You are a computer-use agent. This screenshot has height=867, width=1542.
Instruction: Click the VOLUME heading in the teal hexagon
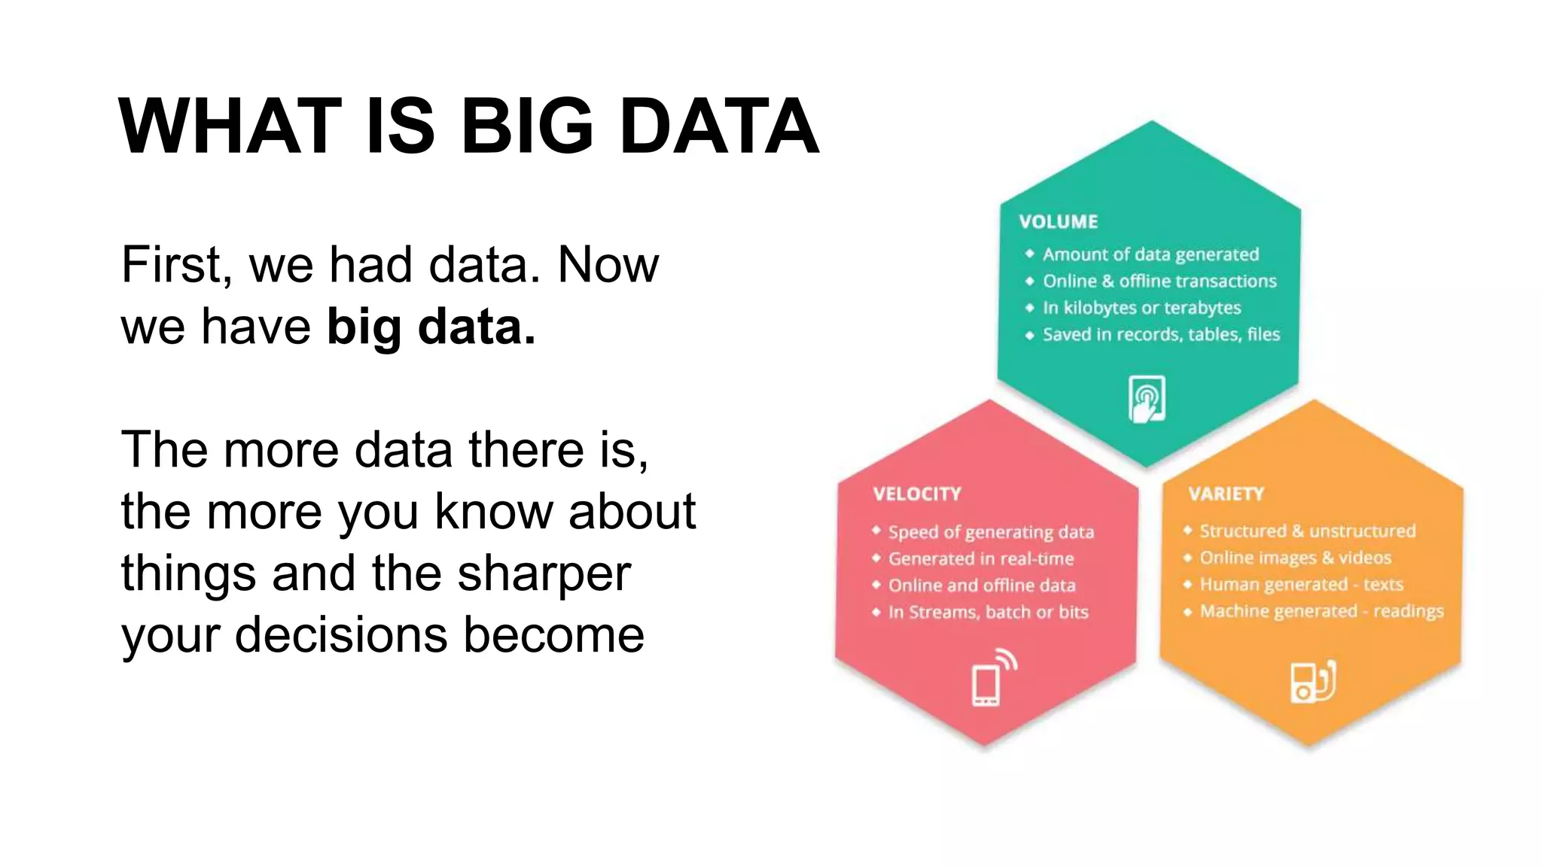click(x=1058, y=222)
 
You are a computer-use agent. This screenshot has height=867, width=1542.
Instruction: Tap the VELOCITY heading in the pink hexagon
click(x=916, y=494)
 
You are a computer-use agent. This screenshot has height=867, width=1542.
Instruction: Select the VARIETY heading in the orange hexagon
click(x=1226, y=494)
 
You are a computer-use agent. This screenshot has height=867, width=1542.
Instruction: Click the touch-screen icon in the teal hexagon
click(x=1147, y=399)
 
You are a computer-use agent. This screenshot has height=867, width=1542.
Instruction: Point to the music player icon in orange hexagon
click(x=1312, y=682)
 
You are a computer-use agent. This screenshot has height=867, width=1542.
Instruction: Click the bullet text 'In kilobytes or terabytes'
click(x=1141, y=308)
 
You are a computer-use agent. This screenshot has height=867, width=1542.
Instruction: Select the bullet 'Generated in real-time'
click(x=980, y=559)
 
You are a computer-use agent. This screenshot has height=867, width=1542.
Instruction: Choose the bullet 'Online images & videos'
click(x=1294, y=558)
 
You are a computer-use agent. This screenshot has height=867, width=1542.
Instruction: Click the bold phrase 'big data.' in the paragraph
click(x=431, y=327)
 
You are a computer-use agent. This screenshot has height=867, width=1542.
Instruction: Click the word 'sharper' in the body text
click(x=544, y=573)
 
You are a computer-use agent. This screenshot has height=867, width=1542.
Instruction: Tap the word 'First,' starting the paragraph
click(x=176, y=265)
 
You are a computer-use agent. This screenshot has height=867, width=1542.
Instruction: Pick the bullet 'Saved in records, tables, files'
click(x=1160, y=334)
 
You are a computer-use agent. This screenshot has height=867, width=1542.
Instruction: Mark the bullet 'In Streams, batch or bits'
click(x=988, y=613)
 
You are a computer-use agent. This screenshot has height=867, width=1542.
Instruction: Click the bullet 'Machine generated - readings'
click(x=1321, y=611)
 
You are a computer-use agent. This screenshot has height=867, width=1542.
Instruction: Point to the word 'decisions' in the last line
click(x=342, y=635)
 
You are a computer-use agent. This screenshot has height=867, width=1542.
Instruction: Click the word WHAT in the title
click(x=230, y=126)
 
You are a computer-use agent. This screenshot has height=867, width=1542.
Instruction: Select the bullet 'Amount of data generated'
click(x=1150, y=254)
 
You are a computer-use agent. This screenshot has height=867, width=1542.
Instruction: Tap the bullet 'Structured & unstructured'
click(x=1306, y=531)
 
